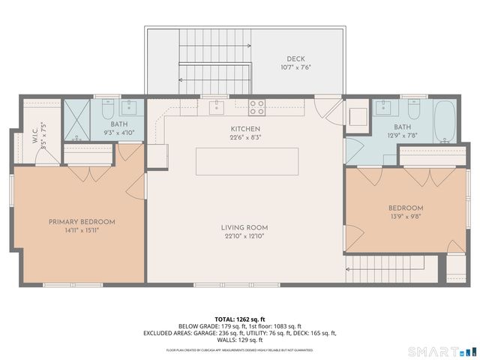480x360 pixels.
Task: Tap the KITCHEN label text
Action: [244, 128]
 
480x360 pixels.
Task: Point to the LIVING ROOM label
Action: [244, 227]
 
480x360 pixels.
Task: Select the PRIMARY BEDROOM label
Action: [82, 221]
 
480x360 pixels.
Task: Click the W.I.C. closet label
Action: [34, 139]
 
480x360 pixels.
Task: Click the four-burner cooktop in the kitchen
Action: [256, 107]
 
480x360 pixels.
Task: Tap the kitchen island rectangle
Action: [247, 161]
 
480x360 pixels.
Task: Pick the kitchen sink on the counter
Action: [216, 106]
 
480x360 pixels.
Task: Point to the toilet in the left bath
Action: [107, 106]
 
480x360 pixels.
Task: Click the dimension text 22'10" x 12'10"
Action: [244, 236]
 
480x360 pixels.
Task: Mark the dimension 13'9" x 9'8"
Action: [406, 217]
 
